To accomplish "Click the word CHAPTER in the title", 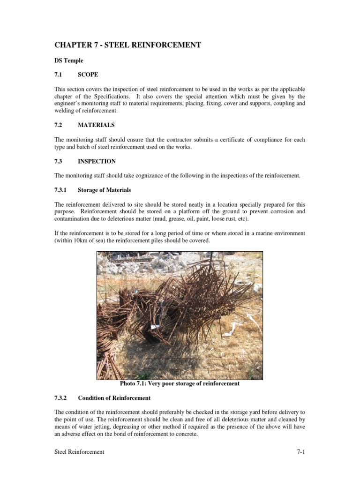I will [74, 45].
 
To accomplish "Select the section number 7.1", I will [59, 75].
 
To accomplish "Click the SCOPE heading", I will [88, 75].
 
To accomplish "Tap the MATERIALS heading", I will [96, 125].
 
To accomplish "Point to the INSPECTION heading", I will [97, 161].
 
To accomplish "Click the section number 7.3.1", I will [61, 190].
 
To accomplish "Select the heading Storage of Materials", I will [105, 190].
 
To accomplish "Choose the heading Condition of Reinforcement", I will [114, 398].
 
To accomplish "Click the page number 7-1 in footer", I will [300, 452].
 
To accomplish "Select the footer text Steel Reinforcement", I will [79, 452].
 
